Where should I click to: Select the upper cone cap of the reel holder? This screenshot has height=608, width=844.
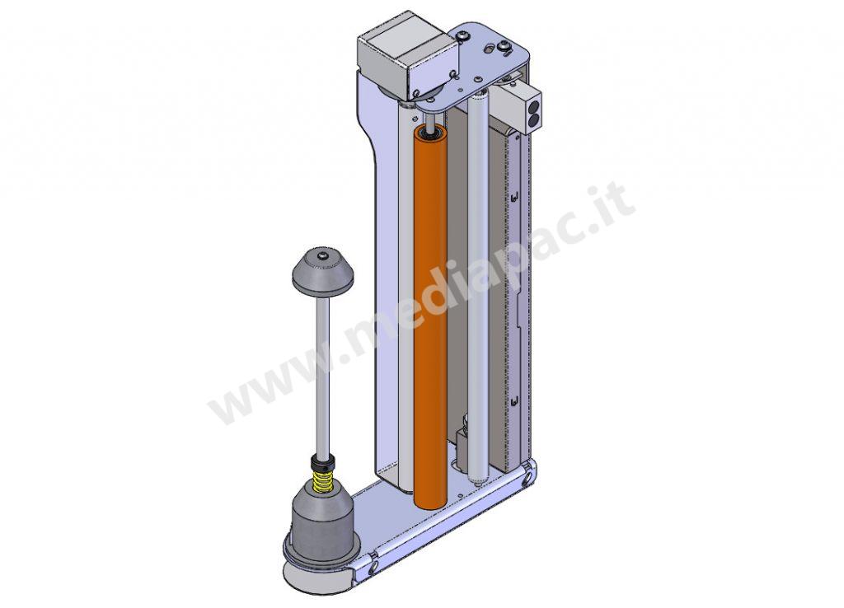point(323,271)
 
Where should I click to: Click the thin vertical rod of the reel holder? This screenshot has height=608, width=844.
point(323,371)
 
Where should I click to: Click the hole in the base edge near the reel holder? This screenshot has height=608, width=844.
point(373,567)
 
